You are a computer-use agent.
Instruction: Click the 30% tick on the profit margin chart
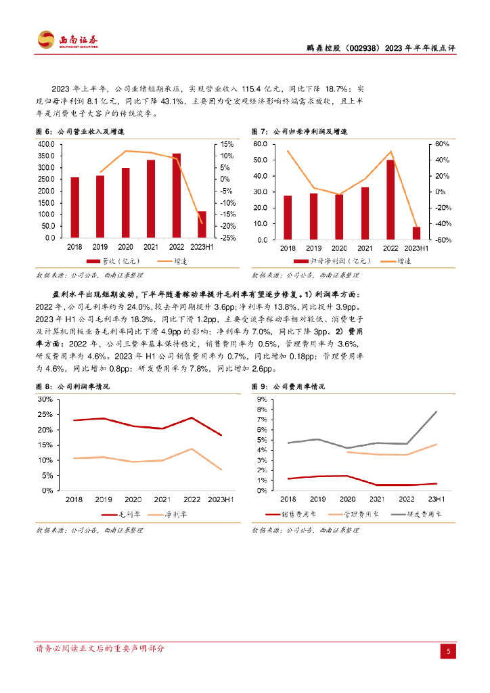[x=44, y=399]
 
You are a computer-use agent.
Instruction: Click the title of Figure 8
[x=72, y=386]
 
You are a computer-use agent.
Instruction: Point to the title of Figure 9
[x=288, y=386]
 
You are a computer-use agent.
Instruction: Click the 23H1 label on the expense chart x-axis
[x=436, y=499]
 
